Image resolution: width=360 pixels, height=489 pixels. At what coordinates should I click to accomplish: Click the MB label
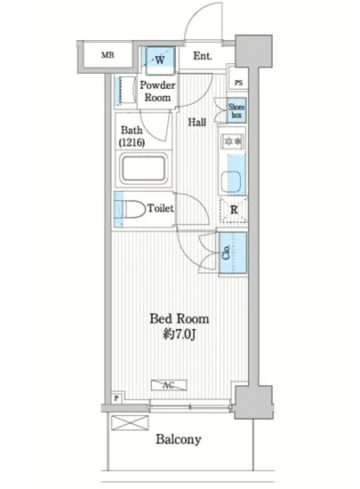pyautogui.click(x=108, y=55)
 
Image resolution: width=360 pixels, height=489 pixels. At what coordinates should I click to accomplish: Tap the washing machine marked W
pyautogui.click(x=160, y=57)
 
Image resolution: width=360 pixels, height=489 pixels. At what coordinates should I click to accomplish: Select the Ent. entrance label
pyautogui.click(x=203, y=56)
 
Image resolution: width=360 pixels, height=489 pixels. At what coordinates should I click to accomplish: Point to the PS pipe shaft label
pyautogui.click(x=238, y=83)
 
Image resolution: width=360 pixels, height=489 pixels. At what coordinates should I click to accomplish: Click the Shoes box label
pyautogui.click(x=236, y=111)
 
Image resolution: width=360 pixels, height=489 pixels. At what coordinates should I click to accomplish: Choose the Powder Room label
pyautogui.click(x=157, y=91)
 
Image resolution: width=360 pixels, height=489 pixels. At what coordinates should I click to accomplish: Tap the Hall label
pyautogui.click(x=197, y=122)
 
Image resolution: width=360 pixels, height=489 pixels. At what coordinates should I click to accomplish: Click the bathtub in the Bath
pyautogui.click(x=144, y=169)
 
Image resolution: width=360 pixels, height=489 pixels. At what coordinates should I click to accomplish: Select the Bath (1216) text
pyautogui.click(x=132, y=136)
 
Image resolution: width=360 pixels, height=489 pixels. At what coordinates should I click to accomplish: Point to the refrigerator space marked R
pyautogui.click(x=234, y=210)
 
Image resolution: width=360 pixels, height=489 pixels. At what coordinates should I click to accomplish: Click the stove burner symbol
pyautogui.click(x=234, y=141)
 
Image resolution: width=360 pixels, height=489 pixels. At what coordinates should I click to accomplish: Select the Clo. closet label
pyautogui.click(x=227, y=252)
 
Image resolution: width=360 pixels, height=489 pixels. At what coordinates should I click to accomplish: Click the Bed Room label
pyautogui.click(x=180, y=319)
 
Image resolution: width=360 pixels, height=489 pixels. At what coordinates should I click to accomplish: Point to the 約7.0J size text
pyautogui.click(x=180, y=335)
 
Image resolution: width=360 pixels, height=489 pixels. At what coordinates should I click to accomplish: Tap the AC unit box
pyautogui.click(x=169, y=385)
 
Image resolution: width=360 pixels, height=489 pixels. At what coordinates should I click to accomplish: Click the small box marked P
pyautogui.click(x=116, y=398)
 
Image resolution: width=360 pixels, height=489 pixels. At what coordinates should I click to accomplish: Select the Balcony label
pyautogui.click(x=179, y=439)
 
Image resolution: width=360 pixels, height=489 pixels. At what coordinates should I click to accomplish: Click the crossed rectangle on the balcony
pyautogui.click(x=130, y=422)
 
